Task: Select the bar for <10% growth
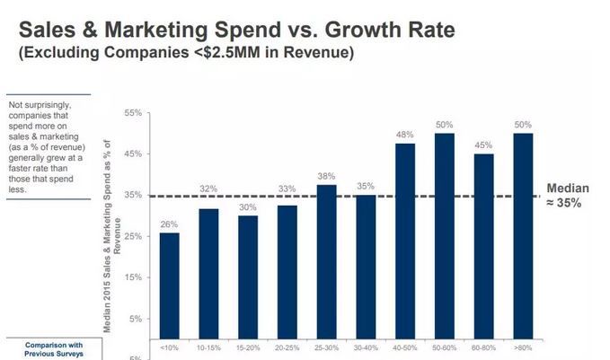click(170, 285)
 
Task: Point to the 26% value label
click(170, 224)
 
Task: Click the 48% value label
click(405, 136)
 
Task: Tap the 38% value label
click(326, 177)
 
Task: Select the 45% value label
click(484, 145)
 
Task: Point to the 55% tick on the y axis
click(134, 113)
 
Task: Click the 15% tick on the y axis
click(134, 277)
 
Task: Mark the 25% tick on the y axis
click(134, 236)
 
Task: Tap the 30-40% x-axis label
click(366, 347)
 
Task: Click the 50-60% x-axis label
click(445, 347)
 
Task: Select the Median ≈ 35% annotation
click(569, 196)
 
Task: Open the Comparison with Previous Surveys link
click(54, 349)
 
